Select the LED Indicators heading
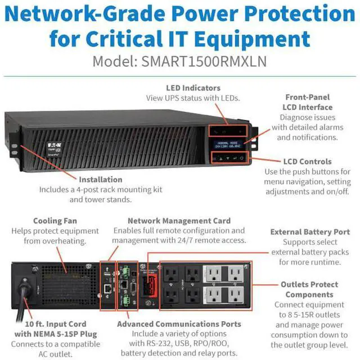coord(193,88)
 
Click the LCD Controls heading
coord(307,161)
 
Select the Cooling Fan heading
coord(55,222)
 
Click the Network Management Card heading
coord(179,221)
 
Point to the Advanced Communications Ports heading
coord(179,324)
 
